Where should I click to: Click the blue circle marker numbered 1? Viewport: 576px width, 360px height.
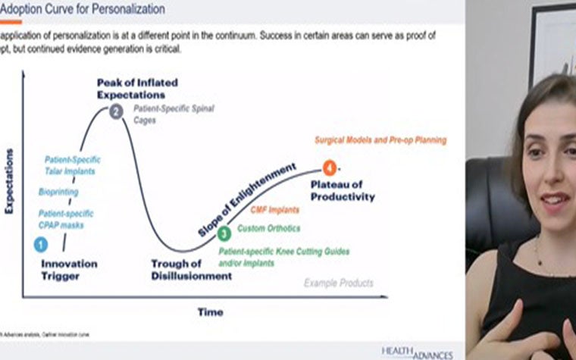tap(41, 244)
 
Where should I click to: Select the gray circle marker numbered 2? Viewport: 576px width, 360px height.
tap(116, 111)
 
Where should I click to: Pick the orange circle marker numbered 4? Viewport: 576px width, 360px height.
tap(329, 167)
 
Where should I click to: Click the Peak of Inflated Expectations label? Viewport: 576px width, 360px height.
tap(131, 88)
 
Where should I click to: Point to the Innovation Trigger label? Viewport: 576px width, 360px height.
tap(69, 270)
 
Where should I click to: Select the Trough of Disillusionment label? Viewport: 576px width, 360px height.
tap(191, 270)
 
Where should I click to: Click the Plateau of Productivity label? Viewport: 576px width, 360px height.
tap(343, 190)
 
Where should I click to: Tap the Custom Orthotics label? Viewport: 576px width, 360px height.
tap(269, 228)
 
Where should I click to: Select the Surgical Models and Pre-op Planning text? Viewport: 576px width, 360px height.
tap(380, 140)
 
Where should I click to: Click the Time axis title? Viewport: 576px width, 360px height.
tap(210, 311)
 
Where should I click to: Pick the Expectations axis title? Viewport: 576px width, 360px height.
tap(11, 182)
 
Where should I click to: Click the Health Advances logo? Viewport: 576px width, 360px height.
tap(417, 352)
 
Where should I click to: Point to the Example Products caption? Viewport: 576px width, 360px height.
tap(339, 283)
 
